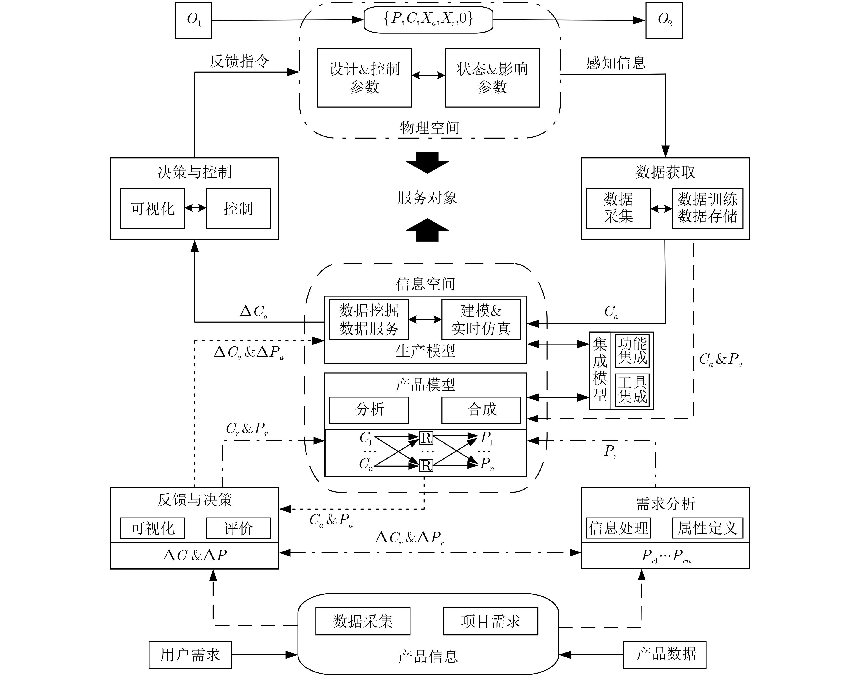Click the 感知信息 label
pos(616,63)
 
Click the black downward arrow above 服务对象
pos(427,162)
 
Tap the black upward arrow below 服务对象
pos(427,230)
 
